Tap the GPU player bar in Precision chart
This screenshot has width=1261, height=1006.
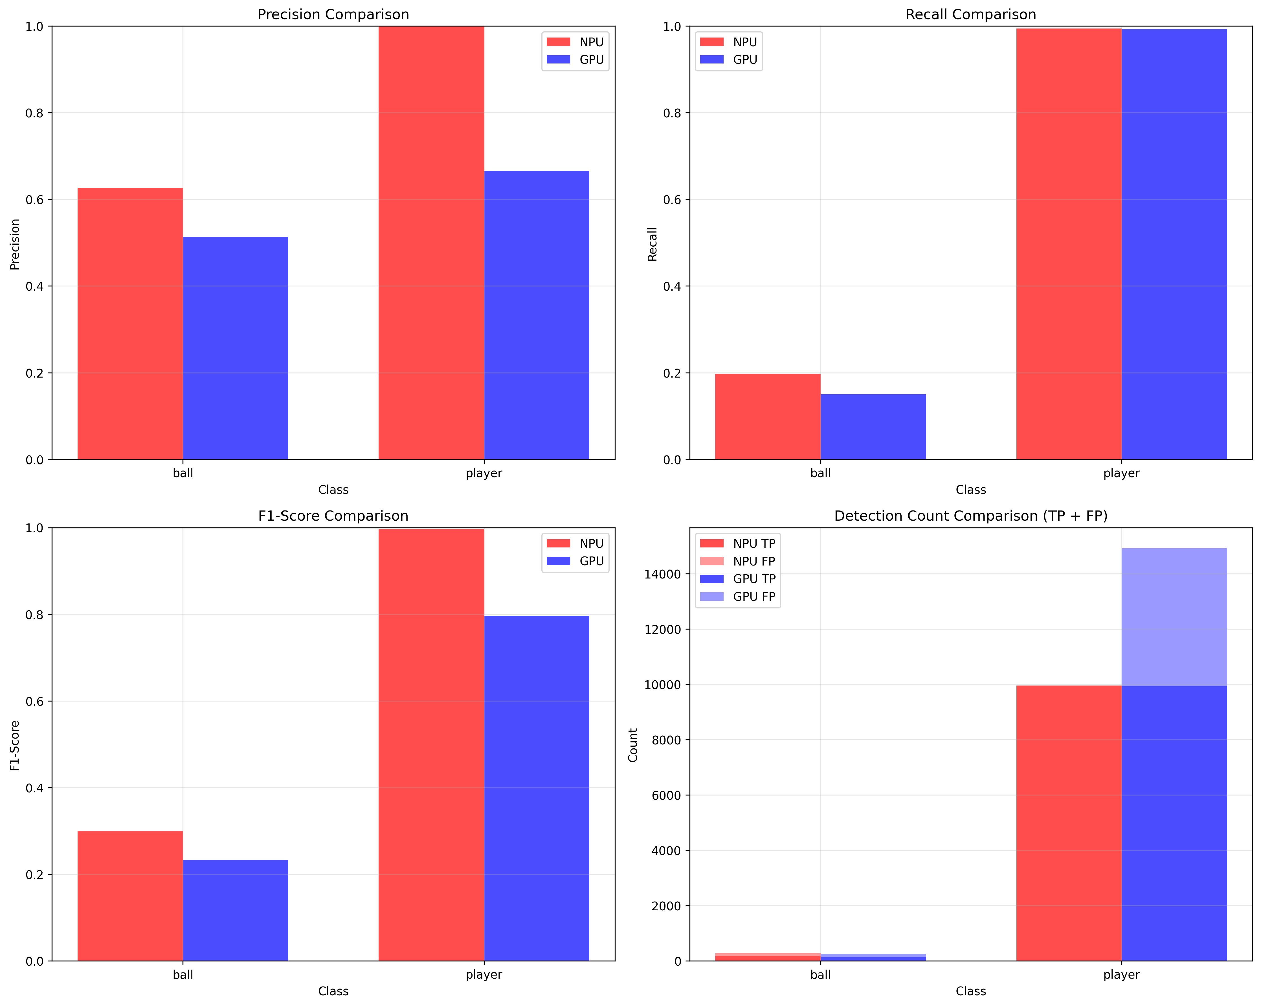point(536,315)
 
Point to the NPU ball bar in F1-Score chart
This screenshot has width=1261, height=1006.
point(130,895)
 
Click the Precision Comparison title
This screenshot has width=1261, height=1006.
point(333,15)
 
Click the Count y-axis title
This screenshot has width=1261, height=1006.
point(633,745)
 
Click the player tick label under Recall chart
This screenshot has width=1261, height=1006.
point(1121,473)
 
